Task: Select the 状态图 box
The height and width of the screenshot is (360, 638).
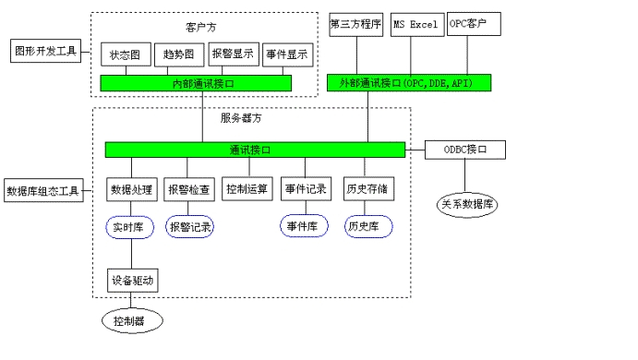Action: tap(125, 55)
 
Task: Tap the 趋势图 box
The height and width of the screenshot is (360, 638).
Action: tap(178, 55)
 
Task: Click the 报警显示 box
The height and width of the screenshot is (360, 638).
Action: tap(233, 54)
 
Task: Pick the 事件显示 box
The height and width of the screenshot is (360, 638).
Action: tap(285, 54)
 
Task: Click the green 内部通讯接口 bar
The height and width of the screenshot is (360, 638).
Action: tap(196, 84)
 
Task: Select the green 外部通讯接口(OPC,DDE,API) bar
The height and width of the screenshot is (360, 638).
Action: tap(408, 83)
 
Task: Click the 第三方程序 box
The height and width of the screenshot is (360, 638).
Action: tap(355, 23)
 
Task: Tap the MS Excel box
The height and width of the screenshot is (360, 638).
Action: tap(414, 23)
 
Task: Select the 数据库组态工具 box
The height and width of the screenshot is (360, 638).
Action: tap(42, 191)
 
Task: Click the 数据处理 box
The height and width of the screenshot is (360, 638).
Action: tap(131, 189)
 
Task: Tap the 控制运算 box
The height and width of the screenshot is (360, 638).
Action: tap(247, 189)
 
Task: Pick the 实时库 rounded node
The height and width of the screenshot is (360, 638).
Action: tap(130, 226)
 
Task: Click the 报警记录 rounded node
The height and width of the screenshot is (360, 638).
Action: tap(189, 226)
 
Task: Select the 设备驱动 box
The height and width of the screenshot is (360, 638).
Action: tap(133, 279)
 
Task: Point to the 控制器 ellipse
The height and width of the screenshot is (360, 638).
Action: tap(131, 321)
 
